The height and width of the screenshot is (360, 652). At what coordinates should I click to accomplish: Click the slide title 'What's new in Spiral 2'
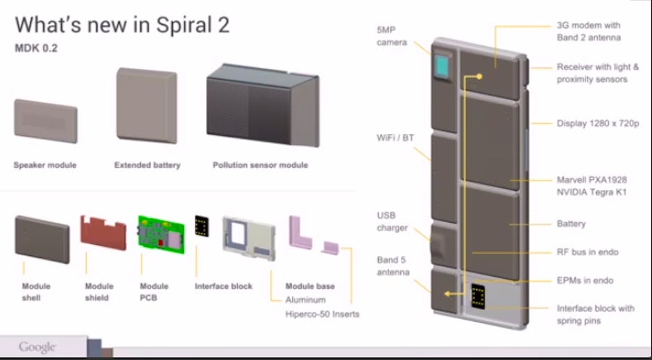click(x=122, y=26)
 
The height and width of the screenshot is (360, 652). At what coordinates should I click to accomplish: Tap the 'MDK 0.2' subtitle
click(x=36, y=49)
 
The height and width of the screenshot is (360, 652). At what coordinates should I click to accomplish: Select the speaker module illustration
click(x=46, y=121)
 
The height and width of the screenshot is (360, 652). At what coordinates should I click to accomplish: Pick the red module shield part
click(x=103, y=231)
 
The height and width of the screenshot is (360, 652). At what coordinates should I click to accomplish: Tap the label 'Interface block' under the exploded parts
click(x=223, y=286)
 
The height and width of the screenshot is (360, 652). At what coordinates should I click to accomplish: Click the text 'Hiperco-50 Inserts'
click(x=323, y=314)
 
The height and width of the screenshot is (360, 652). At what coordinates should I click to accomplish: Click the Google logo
click(x=37, y=346)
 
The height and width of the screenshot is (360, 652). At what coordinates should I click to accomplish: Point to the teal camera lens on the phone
click(x=442, y=67)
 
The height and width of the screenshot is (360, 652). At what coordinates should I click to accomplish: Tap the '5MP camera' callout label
click(x=392, y=37)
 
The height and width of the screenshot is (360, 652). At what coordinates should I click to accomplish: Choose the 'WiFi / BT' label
click(x=395, y=138)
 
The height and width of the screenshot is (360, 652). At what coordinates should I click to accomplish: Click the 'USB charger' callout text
click(x=393, y=221)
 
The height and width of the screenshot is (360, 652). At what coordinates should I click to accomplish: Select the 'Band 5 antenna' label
click(x=393, y=266)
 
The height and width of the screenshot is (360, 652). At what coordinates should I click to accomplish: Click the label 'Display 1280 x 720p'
click(x=597, y=123)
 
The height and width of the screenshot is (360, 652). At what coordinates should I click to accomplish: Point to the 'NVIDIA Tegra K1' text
click(x=592, y=192)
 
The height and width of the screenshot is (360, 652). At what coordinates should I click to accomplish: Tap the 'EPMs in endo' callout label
click(x=585, y=280)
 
